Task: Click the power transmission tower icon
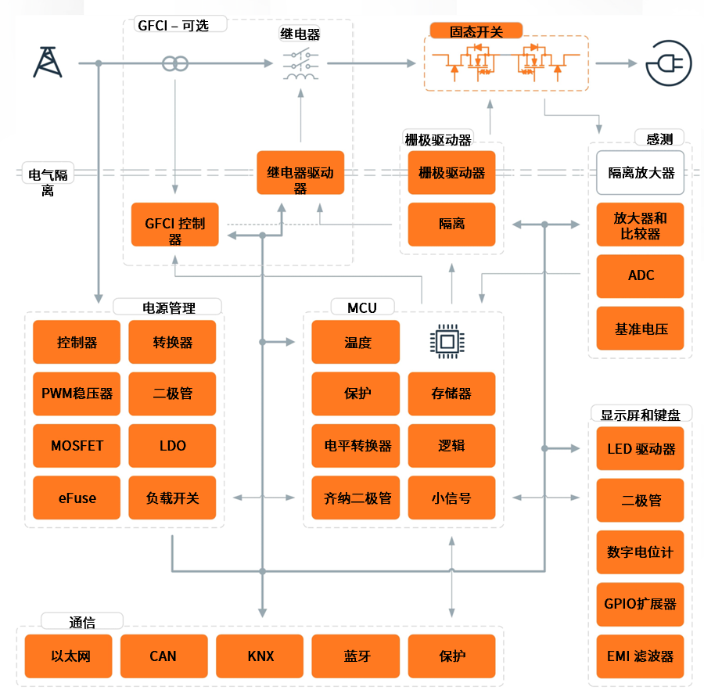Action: click(48, 62)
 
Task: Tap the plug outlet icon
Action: click(669, 63)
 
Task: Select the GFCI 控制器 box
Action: click(174, 225)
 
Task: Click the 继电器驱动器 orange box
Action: click(300, 173)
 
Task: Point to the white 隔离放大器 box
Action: click(640, 173)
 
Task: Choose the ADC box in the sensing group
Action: click(640, 276)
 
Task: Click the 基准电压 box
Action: click(640, 328)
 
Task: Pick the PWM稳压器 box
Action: click(77, 394)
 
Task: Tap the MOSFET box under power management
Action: click(77, 446)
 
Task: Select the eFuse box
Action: click(77, 498)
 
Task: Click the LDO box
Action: click(172, 446)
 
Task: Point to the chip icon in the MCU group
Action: click(447, 342)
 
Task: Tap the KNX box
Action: click(260, 656)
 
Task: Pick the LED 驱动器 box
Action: click(640, 448)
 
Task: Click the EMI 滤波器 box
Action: click(640, 656)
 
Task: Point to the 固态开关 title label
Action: click(476, 31)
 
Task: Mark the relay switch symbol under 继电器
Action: click(301, 64)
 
